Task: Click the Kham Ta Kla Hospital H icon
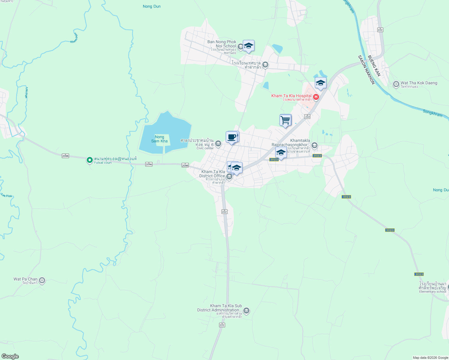[x=316, y=97]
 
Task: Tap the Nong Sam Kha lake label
[x=159, y=139]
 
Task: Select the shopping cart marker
[x=285, y=120]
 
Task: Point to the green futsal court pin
[x=89, y=160]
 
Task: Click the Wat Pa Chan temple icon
[x=42, y=280]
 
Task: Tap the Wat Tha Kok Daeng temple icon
[x=396, y=84]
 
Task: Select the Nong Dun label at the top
[x=152, y=6]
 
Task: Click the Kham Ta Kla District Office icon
[x=229, y=176]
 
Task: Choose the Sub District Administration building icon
[x=246, y=310]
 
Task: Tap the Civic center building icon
[x=218, y=144]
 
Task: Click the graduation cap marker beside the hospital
[x=321, y=83]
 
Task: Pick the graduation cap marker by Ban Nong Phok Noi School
[x=249, y=46]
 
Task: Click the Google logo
[x=10, y=356]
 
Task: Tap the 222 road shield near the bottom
[x=222, y=325]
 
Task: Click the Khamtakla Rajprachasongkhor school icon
[x=315, y=145]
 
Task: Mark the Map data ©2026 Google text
[x=430, y=358]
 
